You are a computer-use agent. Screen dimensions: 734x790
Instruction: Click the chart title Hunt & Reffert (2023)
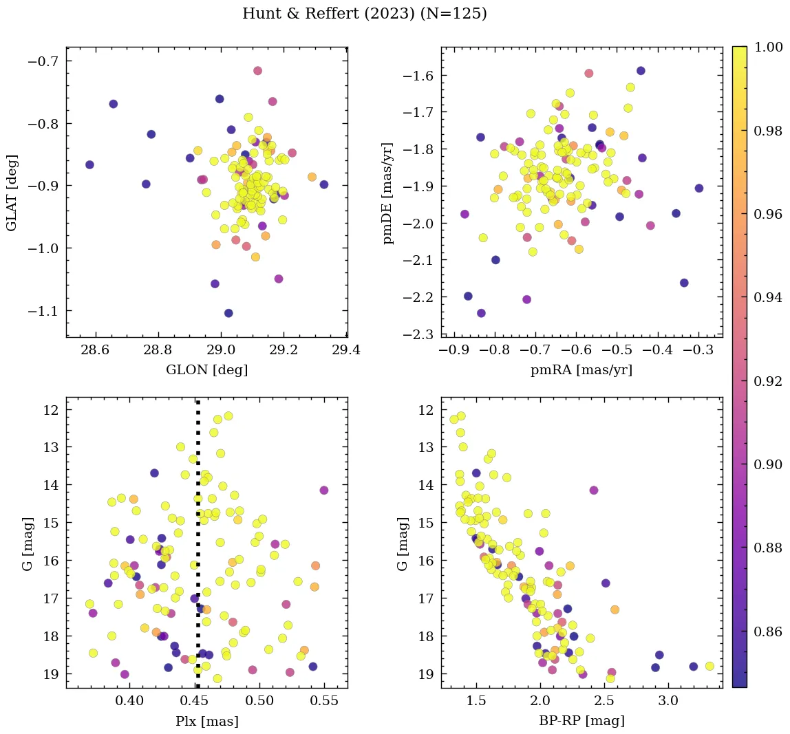pos(365,14)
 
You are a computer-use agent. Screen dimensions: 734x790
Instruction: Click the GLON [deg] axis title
pos(206,369)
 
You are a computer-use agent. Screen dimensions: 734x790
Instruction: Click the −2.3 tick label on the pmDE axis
pos(417,334)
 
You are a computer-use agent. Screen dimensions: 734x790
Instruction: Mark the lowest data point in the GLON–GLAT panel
pos(228,313)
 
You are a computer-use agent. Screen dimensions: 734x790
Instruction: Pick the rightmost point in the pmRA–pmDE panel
pos(699,188)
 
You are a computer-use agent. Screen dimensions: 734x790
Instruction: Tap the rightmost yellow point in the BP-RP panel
pos(709,666)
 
